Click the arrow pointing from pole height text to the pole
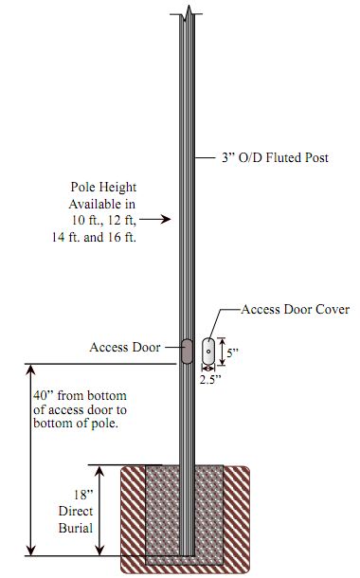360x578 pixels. click(x=157, y=220)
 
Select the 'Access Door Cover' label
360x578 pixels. click(x=296, y=310)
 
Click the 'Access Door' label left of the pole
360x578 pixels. click(x=125, y=347)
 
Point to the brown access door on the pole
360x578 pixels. click(x=187, y=352)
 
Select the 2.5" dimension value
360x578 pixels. click(x=210, y=379)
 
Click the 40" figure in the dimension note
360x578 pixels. click(x=44, y=395)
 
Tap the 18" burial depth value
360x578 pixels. click(x=83, y=494)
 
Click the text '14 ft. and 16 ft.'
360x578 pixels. click(x=94, y=237)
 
